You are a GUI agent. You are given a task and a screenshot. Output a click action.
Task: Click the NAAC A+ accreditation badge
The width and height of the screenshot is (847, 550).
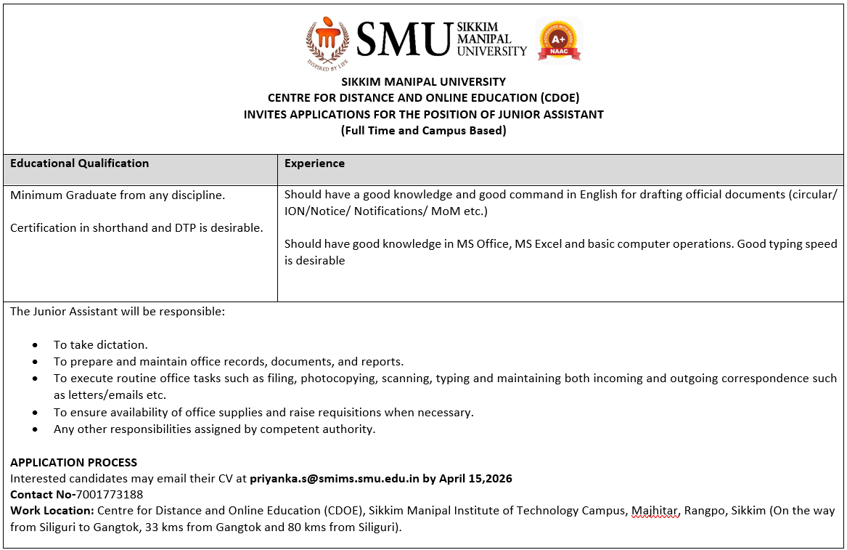coord(558,40)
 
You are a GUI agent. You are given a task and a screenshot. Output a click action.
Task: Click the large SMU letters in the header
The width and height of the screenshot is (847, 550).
coord(404,39)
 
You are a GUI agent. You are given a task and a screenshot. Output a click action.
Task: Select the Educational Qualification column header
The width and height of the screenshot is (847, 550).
coord(80,163)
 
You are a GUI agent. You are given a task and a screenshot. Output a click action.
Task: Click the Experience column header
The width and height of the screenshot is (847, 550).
coord(314,163)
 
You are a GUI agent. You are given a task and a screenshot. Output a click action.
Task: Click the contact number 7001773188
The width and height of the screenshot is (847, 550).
coord(109,495)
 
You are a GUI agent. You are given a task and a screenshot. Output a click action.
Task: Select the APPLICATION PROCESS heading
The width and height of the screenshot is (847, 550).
coord(73,462)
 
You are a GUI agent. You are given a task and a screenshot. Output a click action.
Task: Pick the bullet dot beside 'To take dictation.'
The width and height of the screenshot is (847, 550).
coord(36,345)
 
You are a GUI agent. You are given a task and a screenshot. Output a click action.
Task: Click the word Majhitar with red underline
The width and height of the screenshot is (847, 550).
coord(655,511)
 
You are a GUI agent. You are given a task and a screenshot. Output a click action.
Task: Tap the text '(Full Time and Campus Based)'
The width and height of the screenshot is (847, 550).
coord(423,131)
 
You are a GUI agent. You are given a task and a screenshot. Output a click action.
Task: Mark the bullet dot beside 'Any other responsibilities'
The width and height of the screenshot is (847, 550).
coord(36,429)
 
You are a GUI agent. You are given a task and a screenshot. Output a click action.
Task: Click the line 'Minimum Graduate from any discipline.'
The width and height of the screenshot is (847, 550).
coord(118,195)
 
